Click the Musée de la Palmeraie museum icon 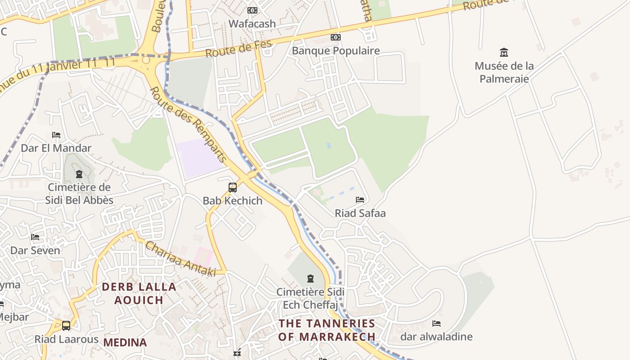coord(504,53)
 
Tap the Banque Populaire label coord(336,51)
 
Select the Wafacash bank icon coord(252,10)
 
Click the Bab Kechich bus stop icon coord(233,188)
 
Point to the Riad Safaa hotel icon coord(360,199)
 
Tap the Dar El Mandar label coord(56,148)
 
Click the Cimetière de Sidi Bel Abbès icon coord(79,174)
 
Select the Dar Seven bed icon coord(35,237)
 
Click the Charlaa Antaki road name coord(180,259)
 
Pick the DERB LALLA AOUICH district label coord(139,293)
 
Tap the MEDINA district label coord(125,342)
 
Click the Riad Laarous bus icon coord(66,325)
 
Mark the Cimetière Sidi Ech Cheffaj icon coord(310,279)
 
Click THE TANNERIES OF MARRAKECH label coord(327,330)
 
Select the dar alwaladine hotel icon coord(436,324)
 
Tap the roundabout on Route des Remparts coord(145,60)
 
